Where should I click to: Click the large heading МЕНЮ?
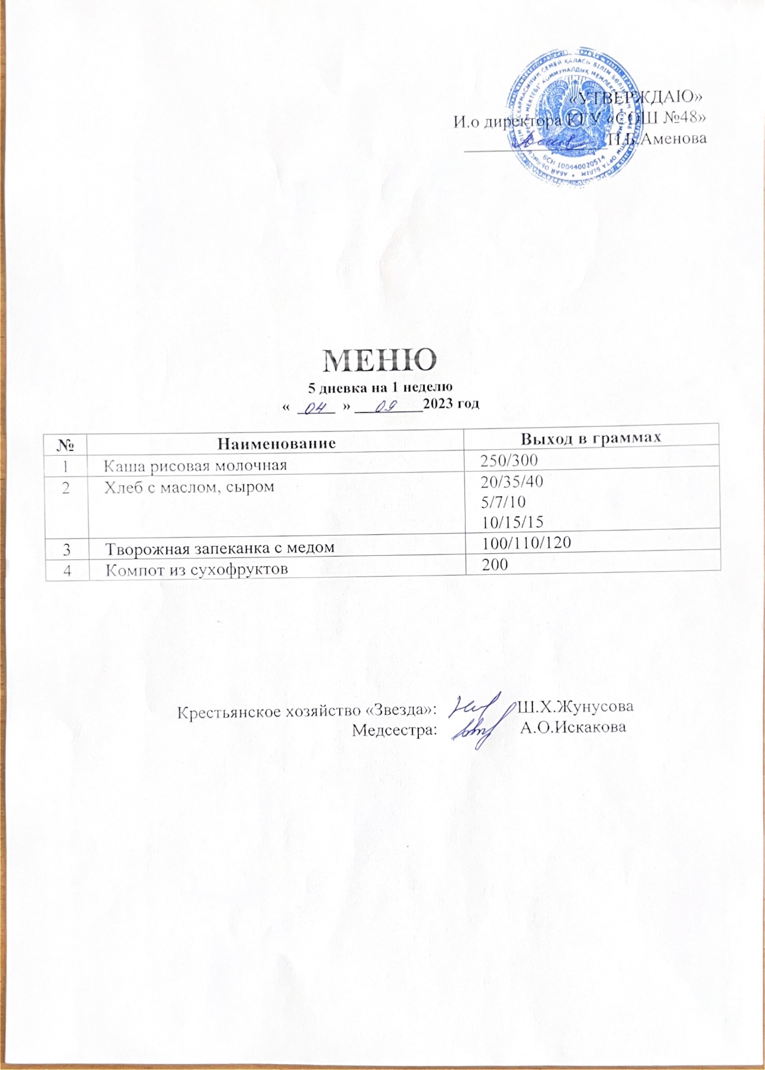381,358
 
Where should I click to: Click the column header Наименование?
275,443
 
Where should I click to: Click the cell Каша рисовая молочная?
196,466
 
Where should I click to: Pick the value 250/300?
509,461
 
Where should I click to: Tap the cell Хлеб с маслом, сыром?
190,487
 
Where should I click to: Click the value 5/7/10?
503,502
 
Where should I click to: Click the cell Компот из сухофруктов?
197,569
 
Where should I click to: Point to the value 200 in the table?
495,563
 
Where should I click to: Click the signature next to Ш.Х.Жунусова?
476,707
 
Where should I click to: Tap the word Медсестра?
394,729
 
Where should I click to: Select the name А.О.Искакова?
573,728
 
